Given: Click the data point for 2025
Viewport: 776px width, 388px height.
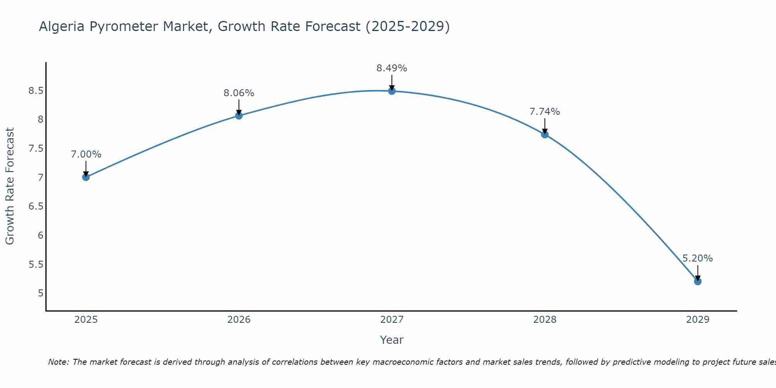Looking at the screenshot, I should [x=86, y=177].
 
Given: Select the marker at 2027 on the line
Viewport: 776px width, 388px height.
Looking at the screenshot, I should [x=392, y=91].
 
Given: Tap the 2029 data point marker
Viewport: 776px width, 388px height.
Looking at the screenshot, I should [x=698, y=281].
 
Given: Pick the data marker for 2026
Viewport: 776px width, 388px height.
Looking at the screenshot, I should [x=239, y=116].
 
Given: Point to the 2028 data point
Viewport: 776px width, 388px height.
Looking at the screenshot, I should [x=545, y=135].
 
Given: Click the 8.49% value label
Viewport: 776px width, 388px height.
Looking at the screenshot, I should [x=392, y=68].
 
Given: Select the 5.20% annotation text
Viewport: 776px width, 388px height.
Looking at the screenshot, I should [x=698, y=258].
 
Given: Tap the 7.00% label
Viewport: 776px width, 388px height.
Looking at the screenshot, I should [x=86, y=154].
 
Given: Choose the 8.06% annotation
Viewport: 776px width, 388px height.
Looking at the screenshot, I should [x=239, y=93].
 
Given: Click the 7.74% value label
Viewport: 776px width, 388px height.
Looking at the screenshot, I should [x=545, y=112].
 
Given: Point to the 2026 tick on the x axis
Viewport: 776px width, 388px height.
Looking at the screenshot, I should [x=239, y=320].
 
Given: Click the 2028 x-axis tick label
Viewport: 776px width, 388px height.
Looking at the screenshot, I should [x=545, y=320].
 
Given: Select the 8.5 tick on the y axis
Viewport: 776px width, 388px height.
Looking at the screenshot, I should [x=36, y=91].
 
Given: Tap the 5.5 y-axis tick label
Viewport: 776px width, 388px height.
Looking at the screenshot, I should [x=36, y=265].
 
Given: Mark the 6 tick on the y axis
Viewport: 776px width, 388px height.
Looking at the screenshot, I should [x=40, y=236].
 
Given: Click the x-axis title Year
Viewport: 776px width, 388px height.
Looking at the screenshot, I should [x=392, y=340].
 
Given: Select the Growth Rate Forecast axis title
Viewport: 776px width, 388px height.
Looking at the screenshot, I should [x=10, y=186].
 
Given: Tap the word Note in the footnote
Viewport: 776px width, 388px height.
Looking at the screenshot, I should [x=58, y=362].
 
